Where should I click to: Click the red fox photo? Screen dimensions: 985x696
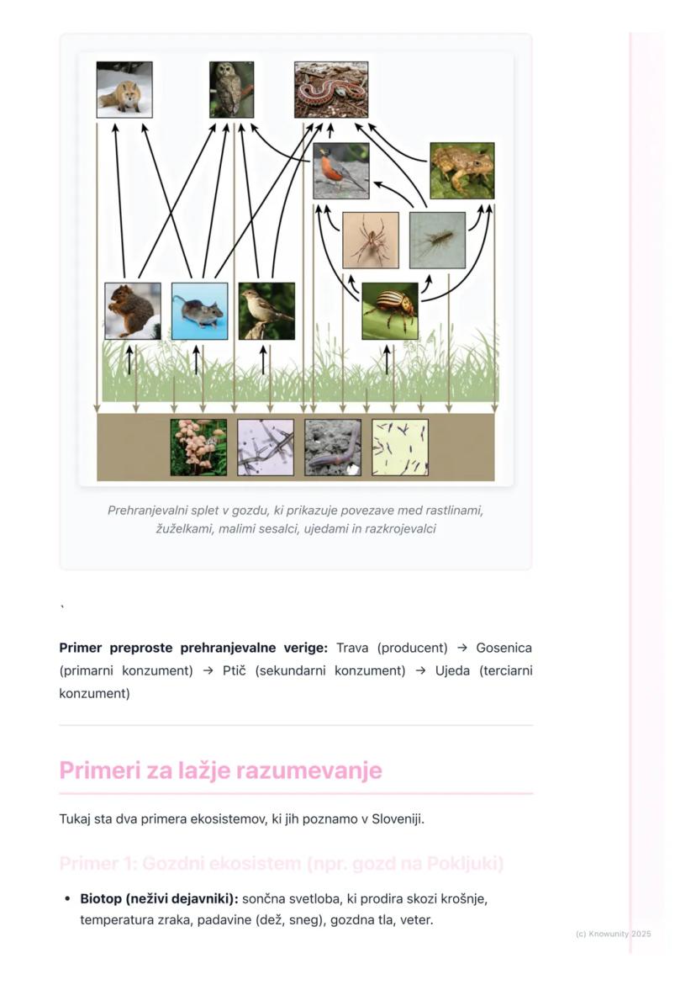pyautogui.click(x=124, y=89)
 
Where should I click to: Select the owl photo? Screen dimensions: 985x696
pyautogui.click(x=231, y=89)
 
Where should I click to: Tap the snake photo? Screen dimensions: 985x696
pyautogui.click(x=331, y=89)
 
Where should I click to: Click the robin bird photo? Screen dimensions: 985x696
pyautogui.click(x=341, y=171)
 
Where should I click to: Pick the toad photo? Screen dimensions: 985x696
pyautogui.click(x=461, y=171)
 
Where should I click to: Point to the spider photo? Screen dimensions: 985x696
pyautogui.click(x=371, y=240)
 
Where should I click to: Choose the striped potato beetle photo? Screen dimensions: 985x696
pyautogui.click(x=390, y=311)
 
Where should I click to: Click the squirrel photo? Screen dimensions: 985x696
pyautogui.click(x=133, y=311)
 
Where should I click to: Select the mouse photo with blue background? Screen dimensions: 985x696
pyautogui.click(x=199, y=311)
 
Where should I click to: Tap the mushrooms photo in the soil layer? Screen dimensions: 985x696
pyautogui.click(x=198, y=447)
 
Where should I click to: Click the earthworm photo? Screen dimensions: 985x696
pyautogui.click(x=333, y=447)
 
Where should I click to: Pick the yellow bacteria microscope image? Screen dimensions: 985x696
pyautogui.click(x=400, y=447)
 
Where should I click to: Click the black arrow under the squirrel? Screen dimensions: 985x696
pyautogui.click(x=129, y=359)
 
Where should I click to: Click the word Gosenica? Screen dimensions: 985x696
pyautogui.click(x=504, y=648)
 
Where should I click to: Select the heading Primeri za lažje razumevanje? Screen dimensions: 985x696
pyautogui.click(x=220, y=771)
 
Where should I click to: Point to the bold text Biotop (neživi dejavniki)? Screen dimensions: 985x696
pyautogui.click(x=159, y=898)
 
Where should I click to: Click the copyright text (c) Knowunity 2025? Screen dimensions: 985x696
pyautogui.click(x=613, y=934)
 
